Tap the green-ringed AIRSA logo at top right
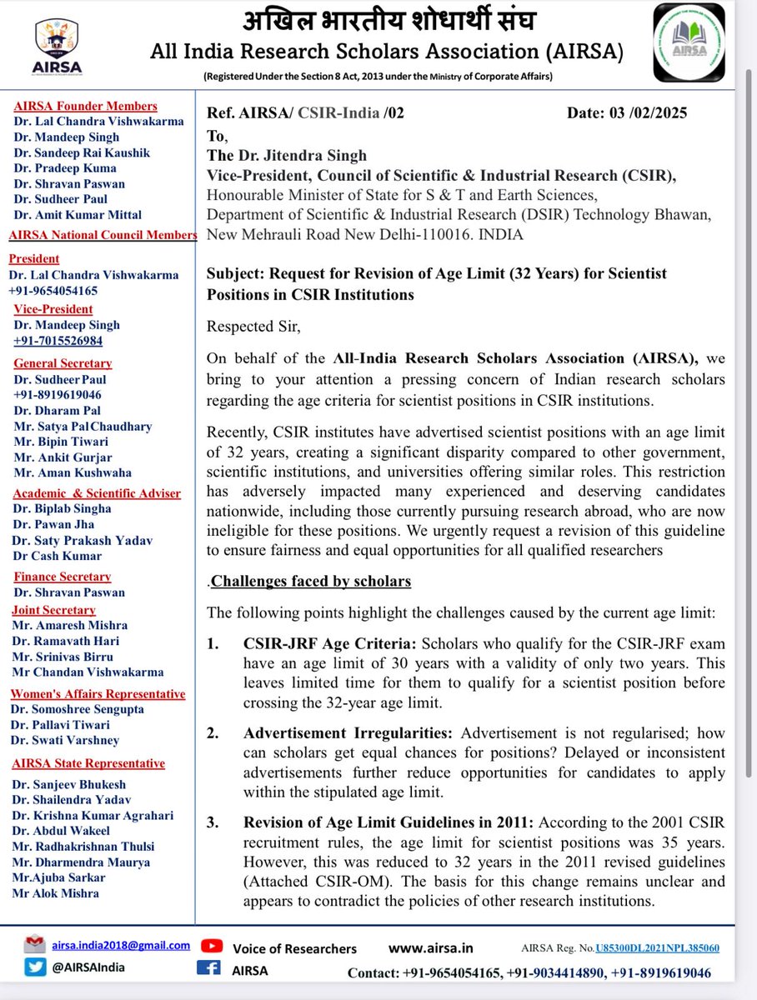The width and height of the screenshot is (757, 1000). [x=693, y=42]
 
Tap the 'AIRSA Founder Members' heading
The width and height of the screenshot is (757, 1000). [x=85, y=106]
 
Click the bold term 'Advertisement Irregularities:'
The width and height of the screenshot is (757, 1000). [x=349, y=733]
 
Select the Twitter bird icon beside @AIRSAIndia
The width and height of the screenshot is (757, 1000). [x=34, y=968]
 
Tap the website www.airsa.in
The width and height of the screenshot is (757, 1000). [x=431, y=947]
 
